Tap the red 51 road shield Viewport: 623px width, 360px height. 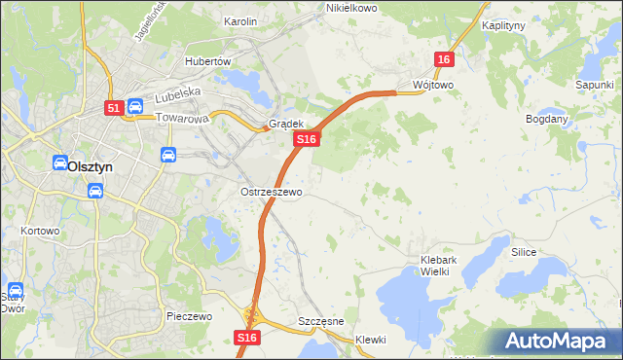click(x=114, y=108)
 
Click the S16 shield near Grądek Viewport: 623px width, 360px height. click(x=307, y=140)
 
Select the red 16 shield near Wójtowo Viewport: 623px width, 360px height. click(x=444, y=59)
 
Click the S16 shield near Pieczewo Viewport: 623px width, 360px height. click(x=247, y=337)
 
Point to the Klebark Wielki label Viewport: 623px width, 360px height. click(x=447, y=266)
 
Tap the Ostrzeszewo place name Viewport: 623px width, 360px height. click(x=272, y=192)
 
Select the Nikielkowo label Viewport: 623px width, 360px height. click(x=351, y=8)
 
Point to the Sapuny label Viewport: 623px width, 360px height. click(x=594, y=86)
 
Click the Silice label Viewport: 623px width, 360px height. click(x=524, y=251)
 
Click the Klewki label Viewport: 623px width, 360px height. click(x=371, y=340)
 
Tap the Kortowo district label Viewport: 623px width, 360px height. click(x=40, y=232)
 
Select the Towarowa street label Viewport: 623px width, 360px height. click(x=183, y=119)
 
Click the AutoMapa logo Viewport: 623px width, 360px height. click(x=558, y=342)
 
